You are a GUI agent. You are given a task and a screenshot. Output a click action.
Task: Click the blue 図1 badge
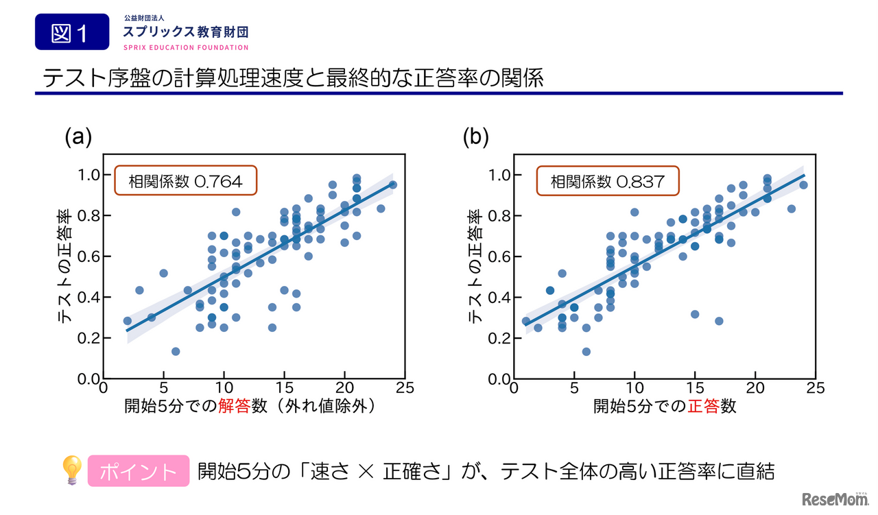(x=72, y=32)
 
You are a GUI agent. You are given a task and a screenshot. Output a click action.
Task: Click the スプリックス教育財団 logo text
(x=185, y=32)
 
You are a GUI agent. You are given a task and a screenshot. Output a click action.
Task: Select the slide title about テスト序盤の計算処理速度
(x=293, y=77)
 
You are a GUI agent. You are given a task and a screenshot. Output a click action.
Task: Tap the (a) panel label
(x=78, y=137)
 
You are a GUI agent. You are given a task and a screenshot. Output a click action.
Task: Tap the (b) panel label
(x=475, y=137)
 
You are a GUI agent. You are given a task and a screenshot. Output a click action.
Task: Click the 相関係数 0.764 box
(x=185, y=182)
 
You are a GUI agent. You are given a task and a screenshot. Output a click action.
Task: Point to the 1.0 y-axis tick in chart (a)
(x=88, y=175)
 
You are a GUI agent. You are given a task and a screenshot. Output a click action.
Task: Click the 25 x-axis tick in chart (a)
(x=405, y=387)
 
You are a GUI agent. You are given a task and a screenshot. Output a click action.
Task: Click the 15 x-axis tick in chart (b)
(x=695, y=387)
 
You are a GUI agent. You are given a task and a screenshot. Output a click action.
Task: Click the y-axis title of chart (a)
(x=64, y=268)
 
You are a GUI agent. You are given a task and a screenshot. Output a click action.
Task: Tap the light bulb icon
(x=72, y=470)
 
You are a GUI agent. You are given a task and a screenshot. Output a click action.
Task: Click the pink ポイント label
(x=139, y=471)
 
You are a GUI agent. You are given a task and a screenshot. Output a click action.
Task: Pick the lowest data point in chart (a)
(x=176, y=351)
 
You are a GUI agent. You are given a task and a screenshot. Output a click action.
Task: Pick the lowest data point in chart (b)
(x=586, y=351)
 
